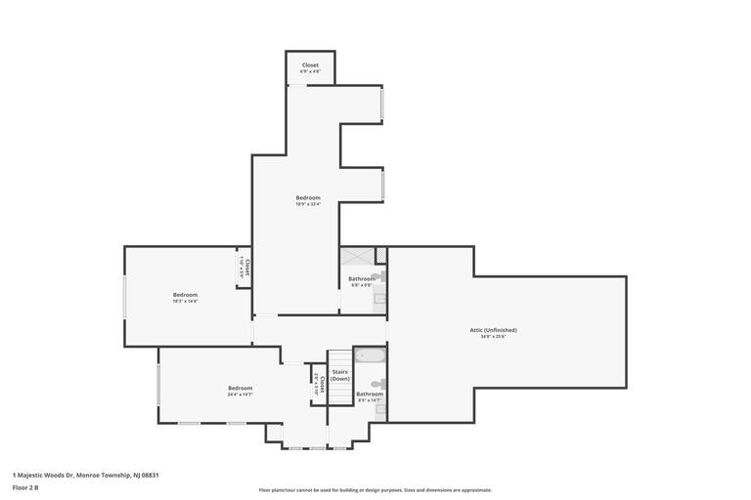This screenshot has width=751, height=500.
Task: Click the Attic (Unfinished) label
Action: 493,330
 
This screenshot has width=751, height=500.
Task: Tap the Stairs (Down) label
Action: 339,374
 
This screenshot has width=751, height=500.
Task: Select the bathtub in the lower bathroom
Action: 371,356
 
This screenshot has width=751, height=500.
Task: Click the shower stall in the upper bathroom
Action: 357,256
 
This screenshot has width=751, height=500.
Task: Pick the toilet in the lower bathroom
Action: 379,384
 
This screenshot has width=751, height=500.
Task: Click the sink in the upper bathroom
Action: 380,299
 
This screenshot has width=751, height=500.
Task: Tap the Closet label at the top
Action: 310,65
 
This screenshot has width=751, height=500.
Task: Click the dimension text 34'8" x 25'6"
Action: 493,337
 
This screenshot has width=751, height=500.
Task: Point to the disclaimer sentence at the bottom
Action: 375,490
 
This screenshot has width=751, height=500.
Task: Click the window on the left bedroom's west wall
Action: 124,297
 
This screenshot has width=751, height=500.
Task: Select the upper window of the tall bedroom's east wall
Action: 382,104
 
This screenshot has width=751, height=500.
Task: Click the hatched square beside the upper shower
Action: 381,256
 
